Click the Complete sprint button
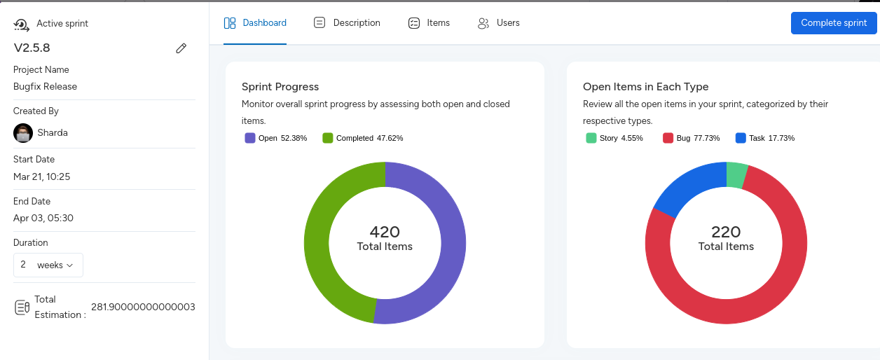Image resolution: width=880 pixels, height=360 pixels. [834, 23]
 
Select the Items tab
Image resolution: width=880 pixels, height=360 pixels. [429, 23]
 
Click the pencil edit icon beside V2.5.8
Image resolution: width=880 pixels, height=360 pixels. [181, 48]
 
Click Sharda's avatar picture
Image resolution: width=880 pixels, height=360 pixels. [23, 132]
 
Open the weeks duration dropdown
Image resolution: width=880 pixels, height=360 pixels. [48, 265]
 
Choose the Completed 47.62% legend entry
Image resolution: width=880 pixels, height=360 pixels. [362, 138]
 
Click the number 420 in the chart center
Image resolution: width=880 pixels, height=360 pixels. [385, 232]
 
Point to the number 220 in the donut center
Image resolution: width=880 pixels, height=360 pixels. [726, 232]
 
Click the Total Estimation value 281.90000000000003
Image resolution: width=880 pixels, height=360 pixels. [143, 307]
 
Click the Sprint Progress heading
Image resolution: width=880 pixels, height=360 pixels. [280, 87]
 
